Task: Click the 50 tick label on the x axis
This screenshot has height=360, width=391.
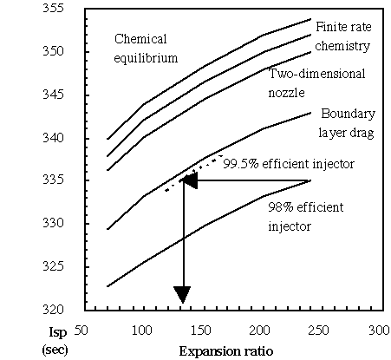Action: point(82,331)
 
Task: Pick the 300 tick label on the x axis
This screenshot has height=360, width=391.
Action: point(378,331)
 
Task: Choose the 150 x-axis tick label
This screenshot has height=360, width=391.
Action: point(201,331)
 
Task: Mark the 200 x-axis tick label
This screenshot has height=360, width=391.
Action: point(260,331)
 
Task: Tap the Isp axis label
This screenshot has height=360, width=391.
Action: point(54,331)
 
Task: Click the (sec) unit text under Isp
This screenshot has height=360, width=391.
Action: point(55,348)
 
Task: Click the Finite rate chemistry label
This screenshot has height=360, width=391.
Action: point(343,35)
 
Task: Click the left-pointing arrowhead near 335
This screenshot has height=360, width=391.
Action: point(189,180)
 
